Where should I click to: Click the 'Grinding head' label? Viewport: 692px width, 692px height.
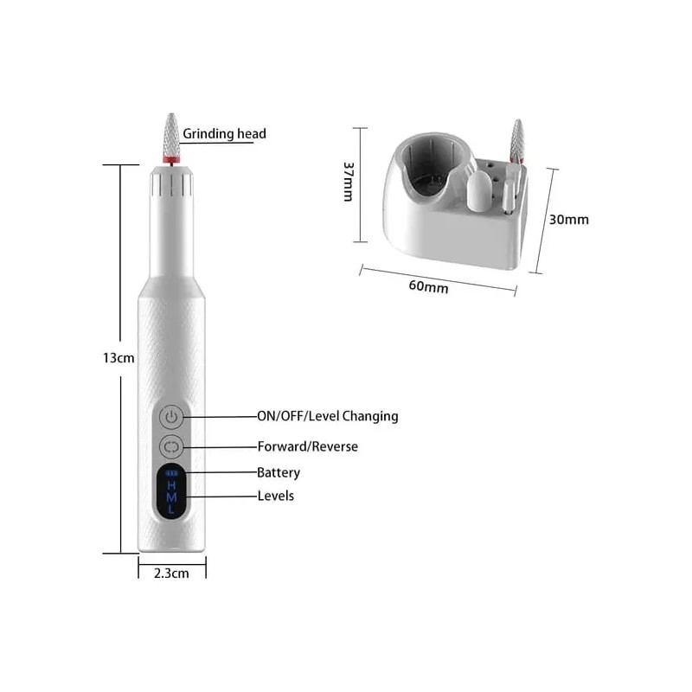point(224,134)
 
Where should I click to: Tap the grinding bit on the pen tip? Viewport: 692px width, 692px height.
point(171,138)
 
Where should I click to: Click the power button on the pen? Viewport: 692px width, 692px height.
point(171,417)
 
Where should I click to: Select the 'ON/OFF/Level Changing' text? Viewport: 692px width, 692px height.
point(327,416)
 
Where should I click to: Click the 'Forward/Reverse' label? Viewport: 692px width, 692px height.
point(307,446)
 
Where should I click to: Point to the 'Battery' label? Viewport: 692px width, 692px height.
point(279,472)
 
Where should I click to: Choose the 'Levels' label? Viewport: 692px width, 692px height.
point(275,496)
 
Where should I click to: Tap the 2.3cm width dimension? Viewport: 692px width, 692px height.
point(171,573)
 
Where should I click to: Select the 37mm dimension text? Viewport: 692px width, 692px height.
point(348,182)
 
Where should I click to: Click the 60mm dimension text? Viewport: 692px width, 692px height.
point(428,286)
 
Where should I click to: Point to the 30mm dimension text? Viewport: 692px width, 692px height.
point(569,219)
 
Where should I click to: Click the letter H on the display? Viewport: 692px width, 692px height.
point(171,485)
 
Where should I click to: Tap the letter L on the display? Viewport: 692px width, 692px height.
point(171,510)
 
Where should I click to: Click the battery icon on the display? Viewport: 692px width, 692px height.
point(171,473)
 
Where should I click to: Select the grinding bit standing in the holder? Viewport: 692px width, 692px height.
point(517,143)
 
